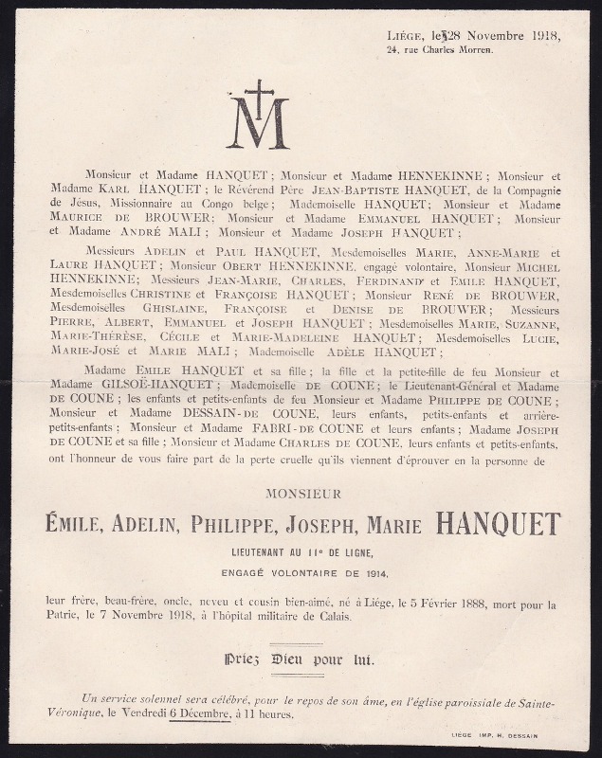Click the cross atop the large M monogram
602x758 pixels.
tap(259, 91)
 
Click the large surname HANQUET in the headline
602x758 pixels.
tap(498, 523)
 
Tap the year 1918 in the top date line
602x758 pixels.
tap(540, 36)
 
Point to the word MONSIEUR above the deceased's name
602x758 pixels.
tap(302, 494)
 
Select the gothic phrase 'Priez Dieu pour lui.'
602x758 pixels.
tap(301, 660)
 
